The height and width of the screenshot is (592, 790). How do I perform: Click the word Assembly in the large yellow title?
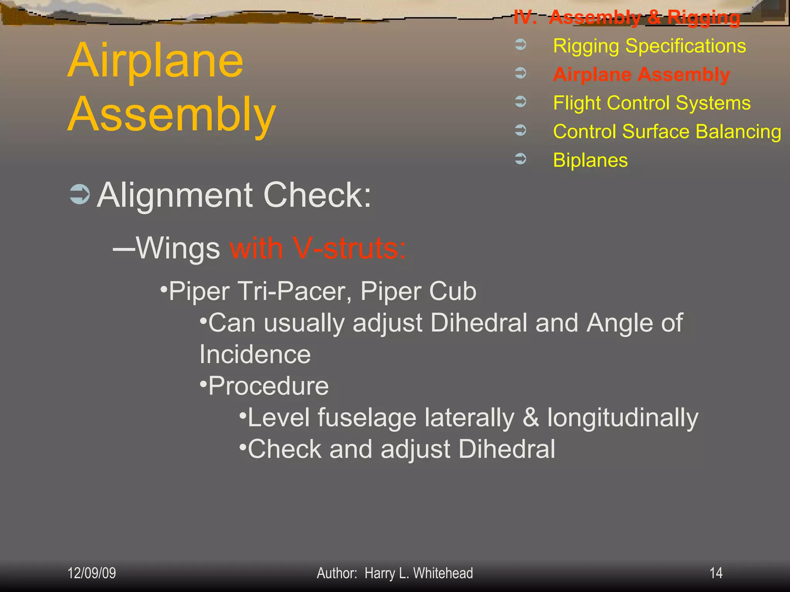[x=172, y=114]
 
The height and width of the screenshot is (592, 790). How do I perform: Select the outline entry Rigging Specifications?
[x=649, y=46]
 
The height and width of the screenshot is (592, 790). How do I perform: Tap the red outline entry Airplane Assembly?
[x=641, y=74]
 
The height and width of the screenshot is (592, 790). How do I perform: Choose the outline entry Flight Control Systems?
[x=652, y=103]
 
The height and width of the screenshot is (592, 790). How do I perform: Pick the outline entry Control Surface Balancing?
[x=667, y=132]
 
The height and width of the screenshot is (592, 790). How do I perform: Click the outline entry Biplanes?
[x=590, y=160]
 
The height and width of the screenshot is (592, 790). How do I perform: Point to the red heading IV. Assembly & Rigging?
[x=627, y=17]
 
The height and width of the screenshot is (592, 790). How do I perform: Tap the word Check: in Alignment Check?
[x=317, y=195]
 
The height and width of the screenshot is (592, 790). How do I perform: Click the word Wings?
[x=178, y=248]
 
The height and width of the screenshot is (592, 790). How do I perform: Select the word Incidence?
[x=255, y=355]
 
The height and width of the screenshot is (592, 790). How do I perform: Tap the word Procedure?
[x=268, y=386]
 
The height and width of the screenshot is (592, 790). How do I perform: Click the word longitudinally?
[x=623, y=418]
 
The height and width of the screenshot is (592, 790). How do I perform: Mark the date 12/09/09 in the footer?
[x=92, y=573]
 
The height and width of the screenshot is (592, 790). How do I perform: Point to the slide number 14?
[x=716, y=573]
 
